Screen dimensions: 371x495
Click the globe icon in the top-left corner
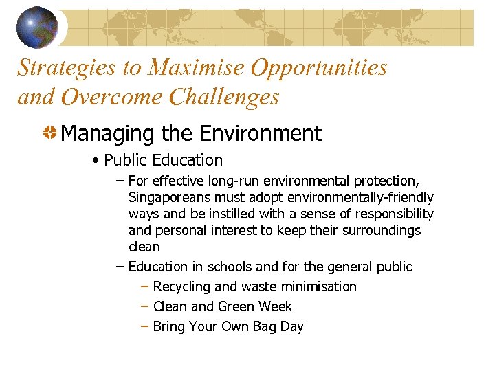pyautogui.click(x=36, y=27)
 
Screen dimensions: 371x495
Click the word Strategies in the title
pyautogui.click(x=65, y=67)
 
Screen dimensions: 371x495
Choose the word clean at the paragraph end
pyautogui.click(x=144, y=247)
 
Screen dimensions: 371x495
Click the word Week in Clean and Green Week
pyautogui.click(x=275, y=306)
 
